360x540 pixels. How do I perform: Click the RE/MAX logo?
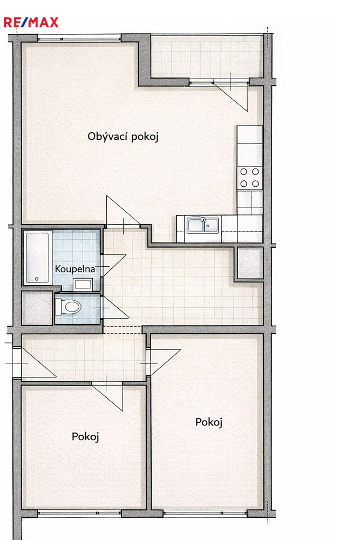pyautogui.click(x=31, y=22)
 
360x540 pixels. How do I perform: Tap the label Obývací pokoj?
pyautogui.click(x=123, y=137)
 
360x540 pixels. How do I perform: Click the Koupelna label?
pyautogui.click(x=75, y=268)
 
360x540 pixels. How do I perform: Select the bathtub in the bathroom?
pyautogui.click(x=37, y=258)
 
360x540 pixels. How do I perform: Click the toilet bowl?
pyautogui.click(x=69, y=307)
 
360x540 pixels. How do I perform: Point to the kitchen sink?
pyautogui.click(x=203, y=225)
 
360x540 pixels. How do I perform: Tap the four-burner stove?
pyautogui.click(x=249, y=177)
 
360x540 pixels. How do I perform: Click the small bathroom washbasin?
pyautogui.click(x=83, y=285)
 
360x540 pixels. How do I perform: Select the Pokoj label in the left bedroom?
pyautogui.click(x=85, y=437)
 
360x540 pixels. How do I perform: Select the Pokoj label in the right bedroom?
pyautogui.click(x=209, y=422)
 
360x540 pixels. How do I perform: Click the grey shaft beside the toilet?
pyautogui.click(x=37, y=308)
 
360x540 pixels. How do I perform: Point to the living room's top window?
pyautogui.click(x=79, y=38)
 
